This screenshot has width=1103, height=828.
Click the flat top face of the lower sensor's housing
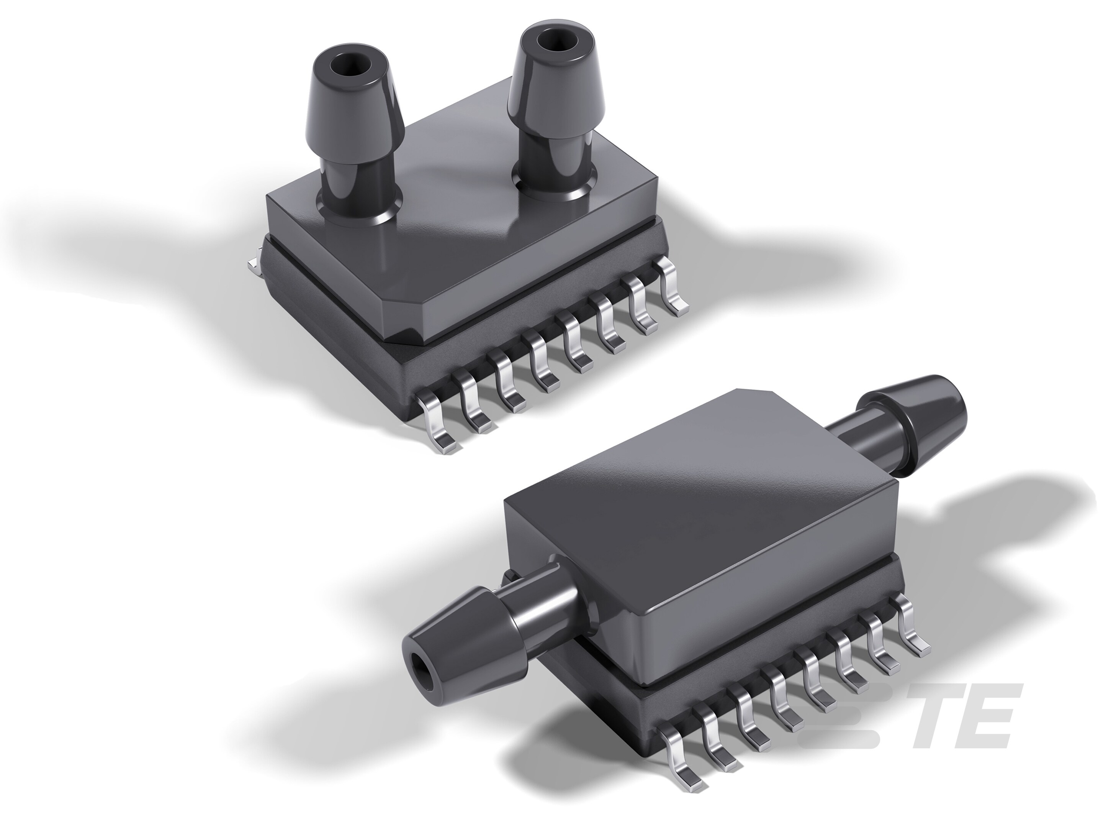click(x=698, y=499)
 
